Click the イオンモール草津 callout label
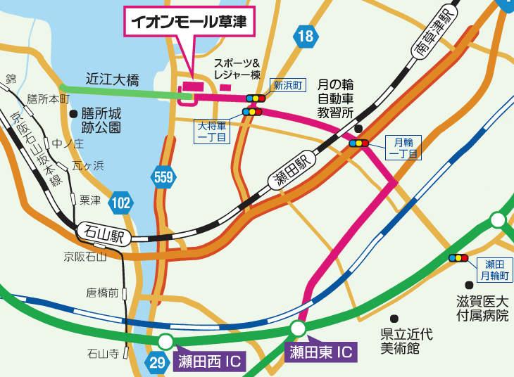(x=189, y=21)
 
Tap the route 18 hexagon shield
(x=306, y=37)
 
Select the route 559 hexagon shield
(x=163, y=177)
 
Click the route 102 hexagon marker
(x=121, y=203)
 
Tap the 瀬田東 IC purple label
(x=320, y=351)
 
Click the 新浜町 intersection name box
(x=288, y=86)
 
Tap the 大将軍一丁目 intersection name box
(x=211, y=131)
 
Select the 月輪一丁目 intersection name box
(x=403, y=148)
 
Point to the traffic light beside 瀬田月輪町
(x=458, y=258)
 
